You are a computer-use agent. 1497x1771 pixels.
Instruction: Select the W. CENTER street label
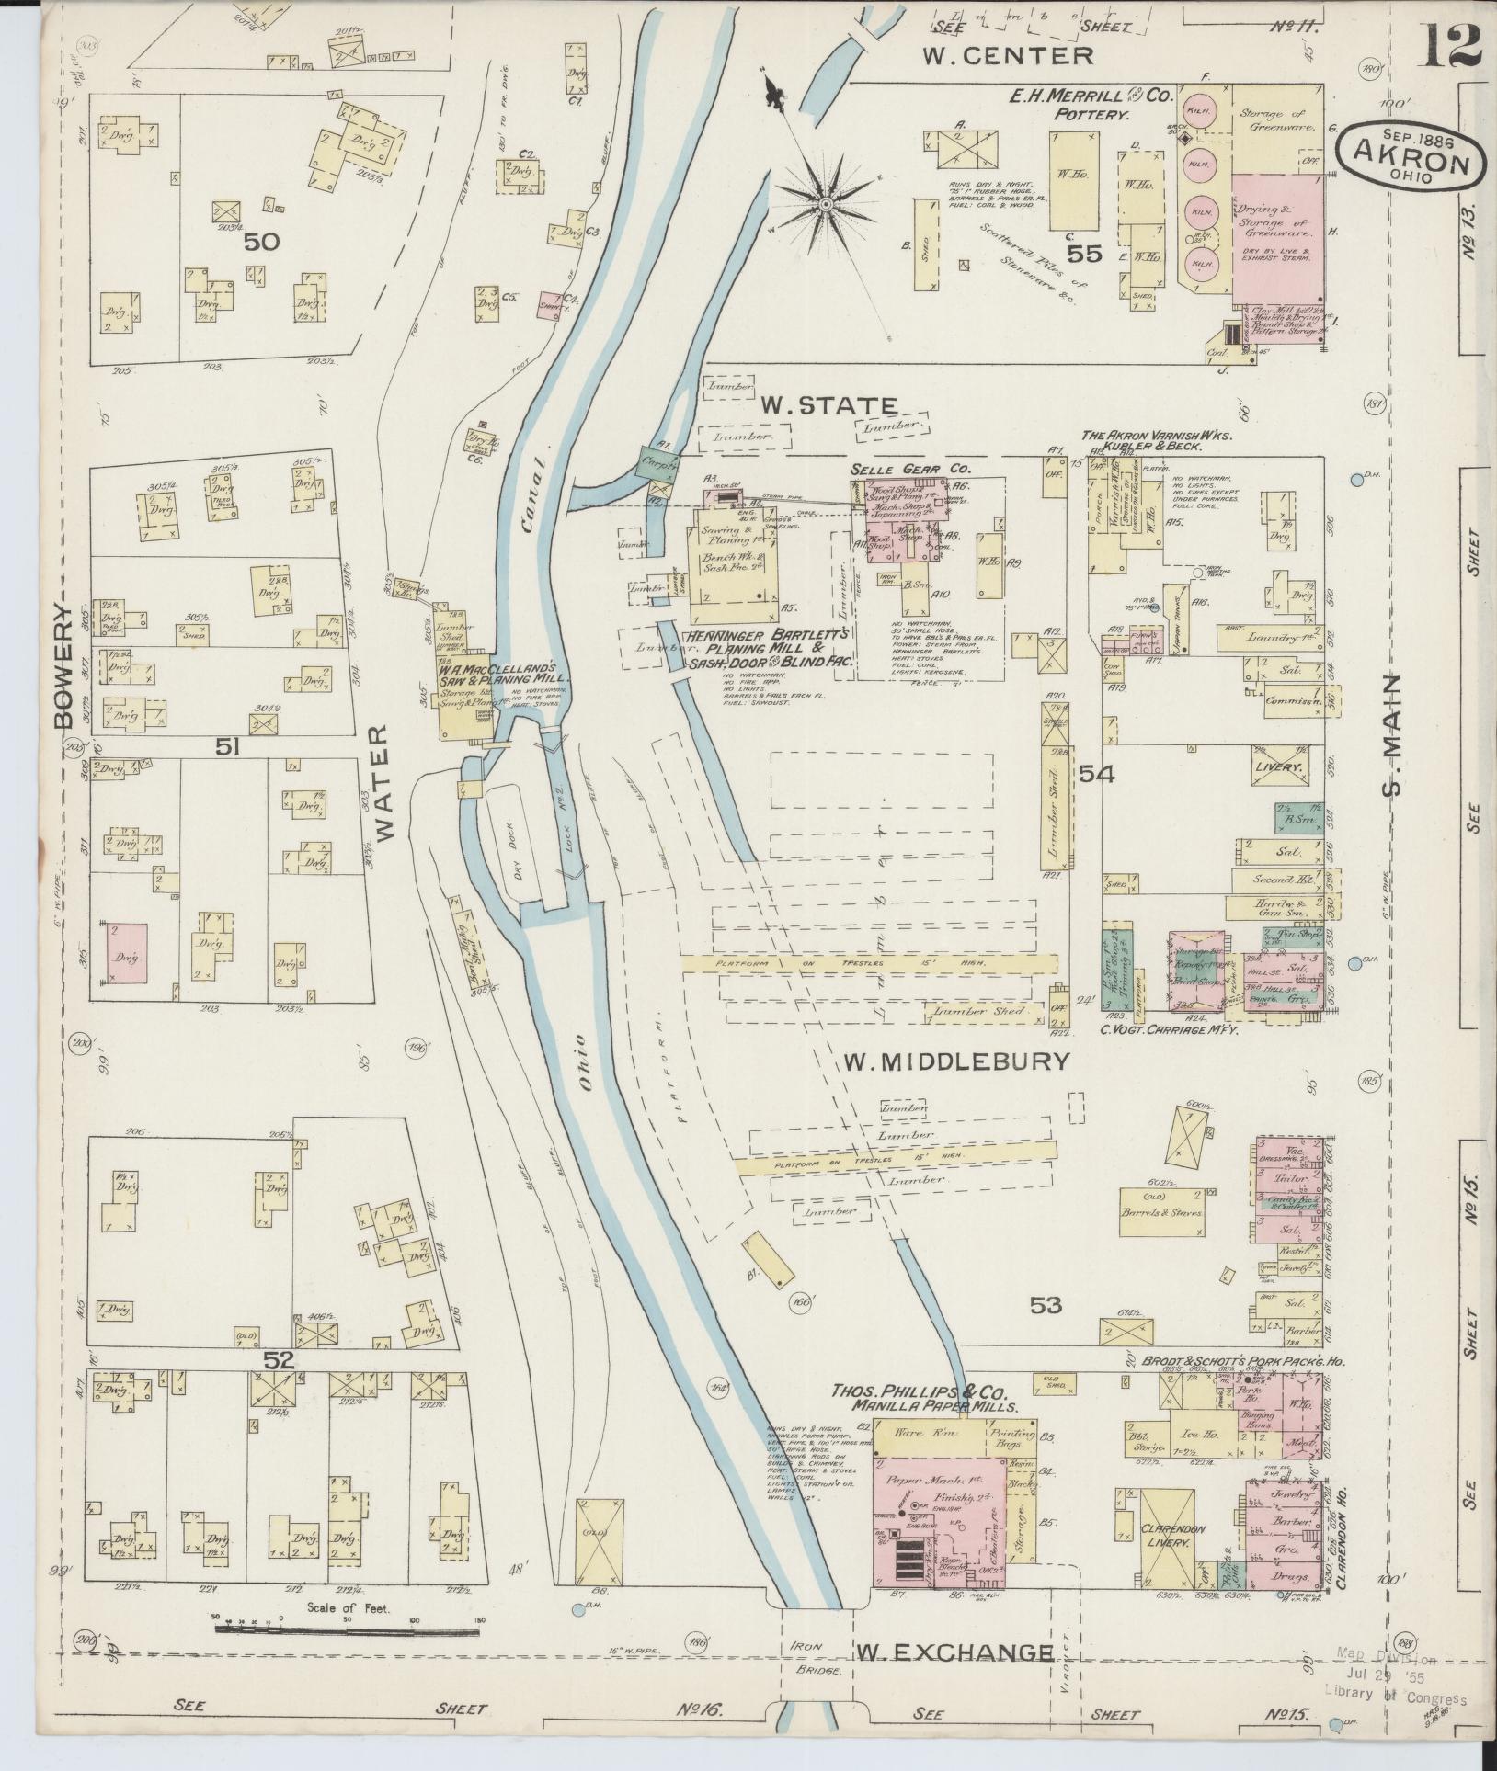point(1009,56)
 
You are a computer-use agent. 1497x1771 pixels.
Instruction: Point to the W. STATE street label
point(828,405)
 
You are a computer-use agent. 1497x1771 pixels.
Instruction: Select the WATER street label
point(383,781)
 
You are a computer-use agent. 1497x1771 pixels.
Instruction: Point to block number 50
point(261,242)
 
